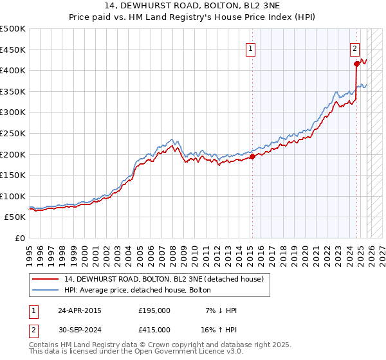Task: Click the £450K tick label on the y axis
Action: [13, 50]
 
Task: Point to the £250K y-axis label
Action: [13, 133]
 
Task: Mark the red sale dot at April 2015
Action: [252, 156]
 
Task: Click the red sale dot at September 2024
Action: [356, 64]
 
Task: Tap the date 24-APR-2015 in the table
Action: [80, 310]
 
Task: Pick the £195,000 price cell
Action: [154, 310]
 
